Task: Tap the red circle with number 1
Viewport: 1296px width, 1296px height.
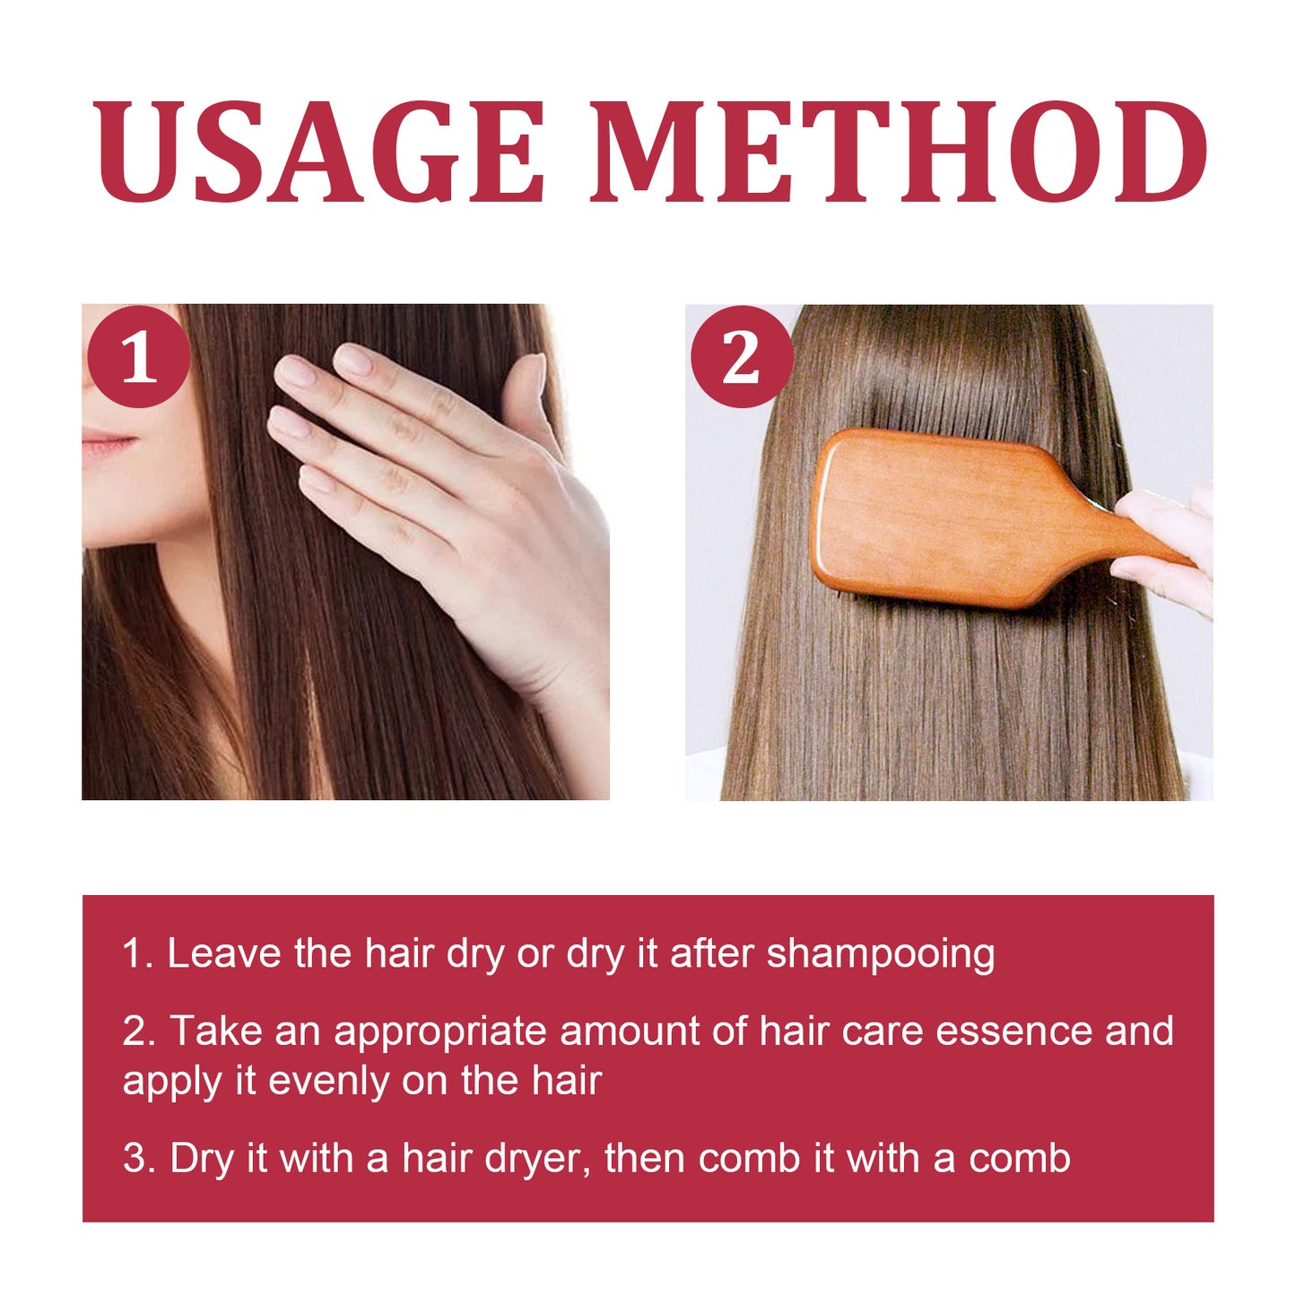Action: point(138,357)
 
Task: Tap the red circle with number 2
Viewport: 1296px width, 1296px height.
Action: point(741,357)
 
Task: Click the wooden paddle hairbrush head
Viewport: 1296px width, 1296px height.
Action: point(942,518)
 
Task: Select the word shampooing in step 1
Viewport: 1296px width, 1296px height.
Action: point(880,953)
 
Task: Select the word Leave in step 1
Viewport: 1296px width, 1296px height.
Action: point(224,953)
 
